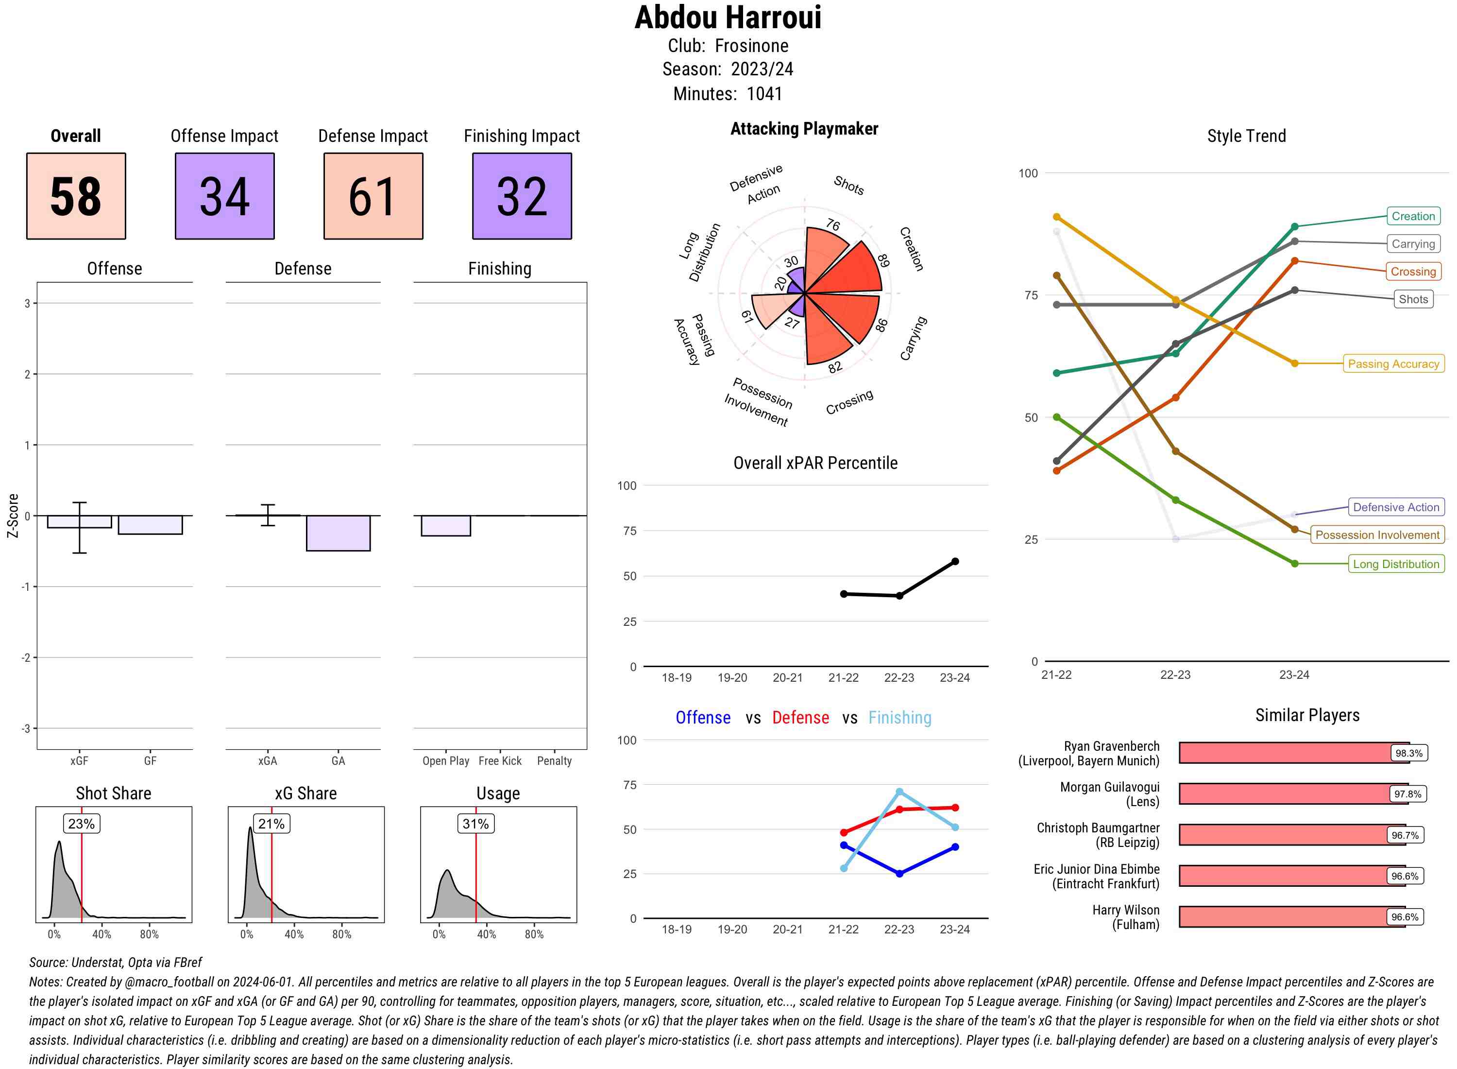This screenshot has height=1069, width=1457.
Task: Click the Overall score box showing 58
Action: tap(76, 196)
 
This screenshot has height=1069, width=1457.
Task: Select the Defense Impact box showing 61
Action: tap(373, 196)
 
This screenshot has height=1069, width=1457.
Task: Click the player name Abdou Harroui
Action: tap(728, 17)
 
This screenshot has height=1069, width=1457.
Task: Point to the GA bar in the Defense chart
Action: tap(338, 533)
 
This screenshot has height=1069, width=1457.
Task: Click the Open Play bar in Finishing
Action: tap(445, 525)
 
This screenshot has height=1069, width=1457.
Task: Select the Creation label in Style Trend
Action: tap(1412, 216)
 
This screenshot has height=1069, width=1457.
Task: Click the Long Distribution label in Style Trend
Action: tap(1396, 564)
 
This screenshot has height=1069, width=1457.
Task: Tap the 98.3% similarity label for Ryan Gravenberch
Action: tap(1408, 753)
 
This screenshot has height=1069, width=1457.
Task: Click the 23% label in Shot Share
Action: tap(82, 824)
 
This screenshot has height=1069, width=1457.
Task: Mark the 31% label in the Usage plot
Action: tap(476, 824)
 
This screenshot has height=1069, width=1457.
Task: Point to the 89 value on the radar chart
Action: tap(883, 261)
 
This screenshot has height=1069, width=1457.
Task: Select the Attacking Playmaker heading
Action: tap(804, 129)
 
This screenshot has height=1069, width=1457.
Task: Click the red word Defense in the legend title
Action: tap(800, 718)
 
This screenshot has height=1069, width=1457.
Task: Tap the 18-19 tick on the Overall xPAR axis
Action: tap(677, 677)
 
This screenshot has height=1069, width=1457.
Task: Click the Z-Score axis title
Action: tap(12, 516)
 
